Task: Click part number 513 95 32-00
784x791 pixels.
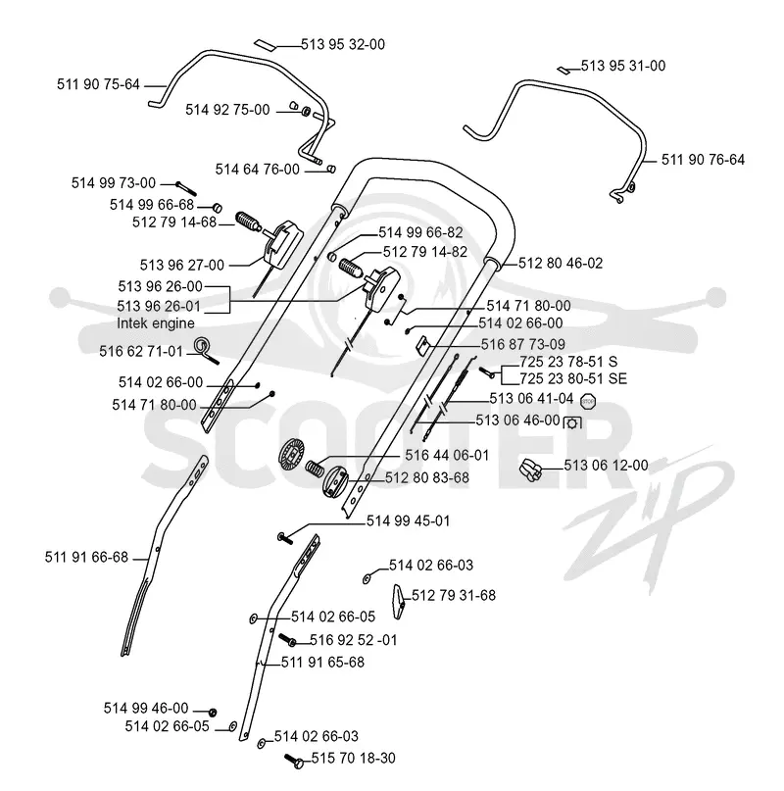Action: coord(343,44)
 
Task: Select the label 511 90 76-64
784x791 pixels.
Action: coord(703,160)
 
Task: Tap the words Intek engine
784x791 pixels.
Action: coord(156,323)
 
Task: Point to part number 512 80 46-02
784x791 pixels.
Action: coord(561,263)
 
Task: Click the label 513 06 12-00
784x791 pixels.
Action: coord(606,465)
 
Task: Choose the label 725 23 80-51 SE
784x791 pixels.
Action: coord(573,378)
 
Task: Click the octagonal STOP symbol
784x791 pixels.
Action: coord(588,402)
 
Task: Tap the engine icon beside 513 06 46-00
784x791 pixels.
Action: coord(572,422)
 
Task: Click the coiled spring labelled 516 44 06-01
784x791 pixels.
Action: coord(315,469)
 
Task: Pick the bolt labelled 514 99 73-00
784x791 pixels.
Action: coord(185,188)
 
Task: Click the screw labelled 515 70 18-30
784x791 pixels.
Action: coord(294,761)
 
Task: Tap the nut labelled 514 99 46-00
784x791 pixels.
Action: coord(213,712)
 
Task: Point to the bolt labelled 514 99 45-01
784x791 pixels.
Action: coord(285,538)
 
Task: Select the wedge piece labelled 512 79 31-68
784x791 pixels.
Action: coord(399,601)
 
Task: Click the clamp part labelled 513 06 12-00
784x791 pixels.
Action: coord(530,470)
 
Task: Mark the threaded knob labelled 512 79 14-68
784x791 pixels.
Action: coord(248,222)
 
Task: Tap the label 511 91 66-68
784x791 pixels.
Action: coord(87,557)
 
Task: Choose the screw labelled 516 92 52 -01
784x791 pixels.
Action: coord(287,639)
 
